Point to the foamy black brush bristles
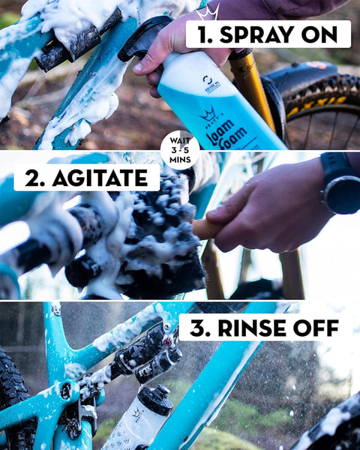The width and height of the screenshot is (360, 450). click(161, 232)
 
